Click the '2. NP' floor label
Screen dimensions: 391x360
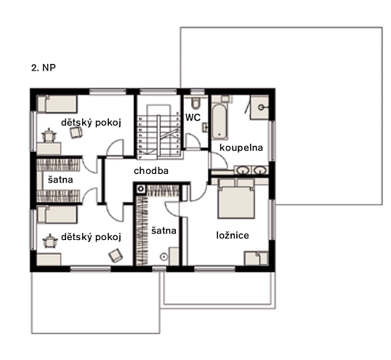pos(44,68)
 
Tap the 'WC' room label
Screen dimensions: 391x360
pos(193,117)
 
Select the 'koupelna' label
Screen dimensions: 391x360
pos(241,148)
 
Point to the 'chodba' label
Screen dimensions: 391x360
pos(151,171)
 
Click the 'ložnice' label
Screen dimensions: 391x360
pos(233,235)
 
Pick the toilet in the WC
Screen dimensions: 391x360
pos(195,103)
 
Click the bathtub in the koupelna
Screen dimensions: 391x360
pos(219,121)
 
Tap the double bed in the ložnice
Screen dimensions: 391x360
pos(236,199)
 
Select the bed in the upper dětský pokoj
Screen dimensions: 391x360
pos(57,104)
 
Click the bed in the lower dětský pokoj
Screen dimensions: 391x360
pos(57,215)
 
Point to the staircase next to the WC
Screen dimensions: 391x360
pos(158,132)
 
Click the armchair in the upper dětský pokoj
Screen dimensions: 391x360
pos(76,132)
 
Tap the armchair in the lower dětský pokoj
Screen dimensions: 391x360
pos(116,255)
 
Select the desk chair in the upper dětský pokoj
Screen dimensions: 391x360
pos(49,135)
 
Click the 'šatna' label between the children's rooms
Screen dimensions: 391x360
pos(60,180)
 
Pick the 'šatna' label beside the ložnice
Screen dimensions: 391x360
pos(164,231)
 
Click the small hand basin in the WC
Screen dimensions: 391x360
pos(205,127)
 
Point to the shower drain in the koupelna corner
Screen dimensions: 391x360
pos(261,108)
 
